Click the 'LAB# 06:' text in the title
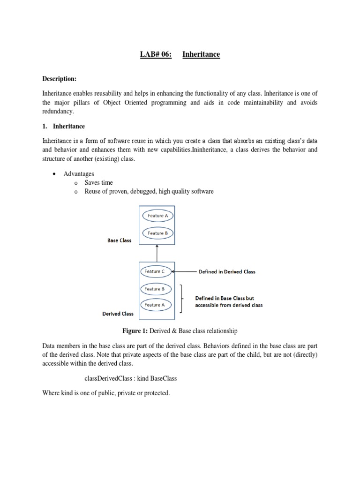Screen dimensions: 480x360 point(156,55)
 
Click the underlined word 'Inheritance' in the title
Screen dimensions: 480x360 point(201,55)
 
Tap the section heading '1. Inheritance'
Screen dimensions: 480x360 point(64,127)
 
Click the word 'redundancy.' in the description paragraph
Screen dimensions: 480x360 point(58,112)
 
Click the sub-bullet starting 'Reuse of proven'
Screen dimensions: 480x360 point(149,191)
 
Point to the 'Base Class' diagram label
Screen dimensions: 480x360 point(120,240)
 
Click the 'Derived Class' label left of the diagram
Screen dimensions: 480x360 point(118,314)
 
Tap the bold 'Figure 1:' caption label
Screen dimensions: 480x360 point(135,331)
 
